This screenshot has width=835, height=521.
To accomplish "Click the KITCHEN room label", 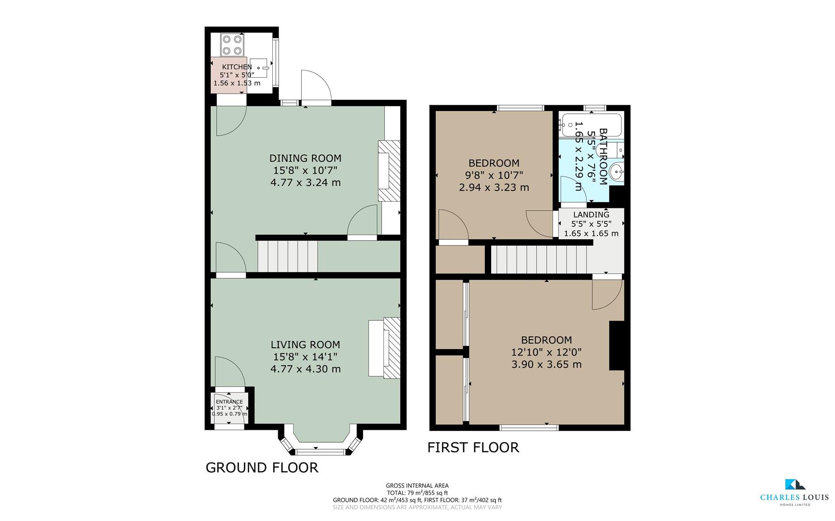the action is pos(237,67).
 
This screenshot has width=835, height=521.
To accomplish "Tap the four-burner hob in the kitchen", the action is pos(231,44).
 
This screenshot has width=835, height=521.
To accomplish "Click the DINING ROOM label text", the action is pos(305,158).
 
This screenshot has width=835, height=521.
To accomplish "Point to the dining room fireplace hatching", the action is pos(389,171).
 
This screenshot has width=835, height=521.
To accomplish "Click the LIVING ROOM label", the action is pos(305,344).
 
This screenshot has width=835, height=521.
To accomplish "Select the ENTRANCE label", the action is pos(229,402).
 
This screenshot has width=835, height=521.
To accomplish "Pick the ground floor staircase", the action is pos(287,256).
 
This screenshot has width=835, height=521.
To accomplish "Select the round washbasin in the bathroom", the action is pos(617,171).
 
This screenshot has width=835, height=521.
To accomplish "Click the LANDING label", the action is pos(591,215).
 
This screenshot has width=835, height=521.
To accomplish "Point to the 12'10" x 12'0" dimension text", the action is pos(547,352).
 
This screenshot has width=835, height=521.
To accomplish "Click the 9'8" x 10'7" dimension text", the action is pos(494,175).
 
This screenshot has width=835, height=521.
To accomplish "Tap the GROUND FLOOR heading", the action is pos(262,467).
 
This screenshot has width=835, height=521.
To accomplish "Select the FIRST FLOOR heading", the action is pos(473,448).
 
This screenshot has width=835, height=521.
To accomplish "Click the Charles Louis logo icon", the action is pos(794,484).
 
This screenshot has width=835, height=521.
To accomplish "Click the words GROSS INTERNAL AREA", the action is pos(417,486).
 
